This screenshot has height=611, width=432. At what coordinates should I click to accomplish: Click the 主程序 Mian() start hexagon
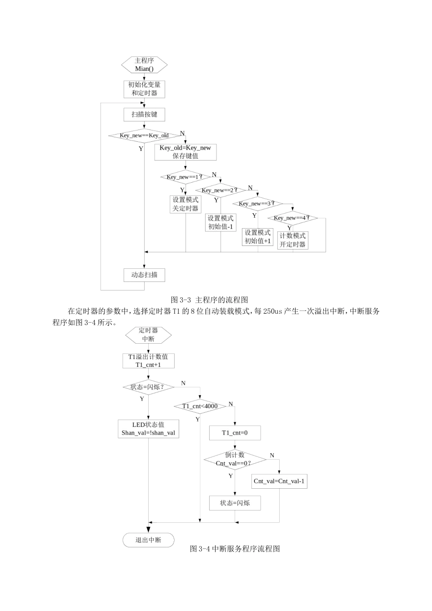point(144,65)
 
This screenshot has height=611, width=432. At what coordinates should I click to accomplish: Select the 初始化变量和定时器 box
point(144,89)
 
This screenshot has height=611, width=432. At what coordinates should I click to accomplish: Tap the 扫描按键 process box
point(144,115)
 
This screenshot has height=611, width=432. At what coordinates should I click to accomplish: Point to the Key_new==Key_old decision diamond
point(144,135)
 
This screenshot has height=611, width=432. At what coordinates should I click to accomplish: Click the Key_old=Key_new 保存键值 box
point(185,152)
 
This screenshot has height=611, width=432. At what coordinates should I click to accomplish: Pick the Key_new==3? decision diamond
point(257,203)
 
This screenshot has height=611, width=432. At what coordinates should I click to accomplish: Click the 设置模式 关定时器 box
point(186,204)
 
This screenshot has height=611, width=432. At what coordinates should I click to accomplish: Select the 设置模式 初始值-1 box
point(221,222)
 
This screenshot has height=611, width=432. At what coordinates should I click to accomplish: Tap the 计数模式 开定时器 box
point(292,240)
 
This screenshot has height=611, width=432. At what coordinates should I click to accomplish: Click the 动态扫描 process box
point(144,275)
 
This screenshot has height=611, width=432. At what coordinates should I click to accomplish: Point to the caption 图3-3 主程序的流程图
point(209,300)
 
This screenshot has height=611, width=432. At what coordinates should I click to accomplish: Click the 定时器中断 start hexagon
point(148,335)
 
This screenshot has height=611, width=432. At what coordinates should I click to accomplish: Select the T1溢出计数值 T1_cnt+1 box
point(148,361)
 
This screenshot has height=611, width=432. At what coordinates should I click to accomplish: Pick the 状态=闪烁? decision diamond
point(148,387)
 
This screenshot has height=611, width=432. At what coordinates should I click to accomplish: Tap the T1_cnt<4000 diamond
point(200,406)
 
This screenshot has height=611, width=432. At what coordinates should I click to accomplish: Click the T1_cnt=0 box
point(235,433)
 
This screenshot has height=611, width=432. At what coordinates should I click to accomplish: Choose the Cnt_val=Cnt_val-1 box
point(279,481)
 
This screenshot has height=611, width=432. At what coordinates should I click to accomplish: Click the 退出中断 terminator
point(148,540)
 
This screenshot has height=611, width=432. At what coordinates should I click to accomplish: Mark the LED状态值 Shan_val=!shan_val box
point(148,429)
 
